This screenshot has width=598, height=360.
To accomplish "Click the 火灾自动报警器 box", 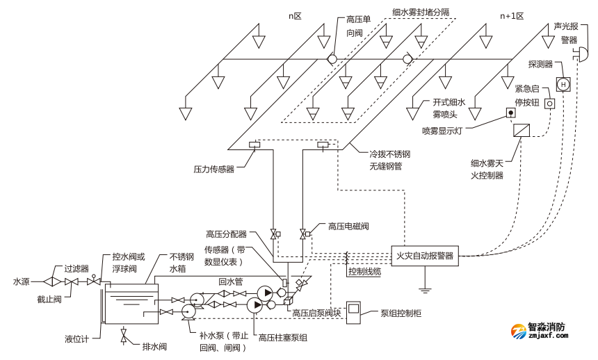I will (x=425, y=255).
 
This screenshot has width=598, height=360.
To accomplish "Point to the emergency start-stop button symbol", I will (x=549, y=104).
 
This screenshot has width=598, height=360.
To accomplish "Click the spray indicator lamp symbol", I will (x=510, y=113).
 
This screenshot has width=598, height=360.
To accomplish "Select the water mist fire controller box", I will (x=522, y=130).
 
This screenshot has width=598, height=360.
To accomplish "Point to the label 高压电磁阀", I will (x=348, y=226).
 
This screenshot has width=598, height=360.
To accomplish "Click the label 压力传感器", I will (x=213, y=168).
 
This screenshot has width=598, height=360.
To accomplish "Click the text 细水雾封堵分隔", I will (x=421, y=12).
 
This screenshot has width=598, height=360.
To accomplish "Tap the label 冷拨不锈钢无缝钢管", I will (x=390, y=161).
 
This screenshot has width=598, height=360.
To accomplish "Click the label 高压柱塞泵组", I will (x=283, y=338).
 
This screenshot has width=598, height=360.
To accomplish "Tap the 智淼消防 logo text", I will (x=547, y=327).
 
